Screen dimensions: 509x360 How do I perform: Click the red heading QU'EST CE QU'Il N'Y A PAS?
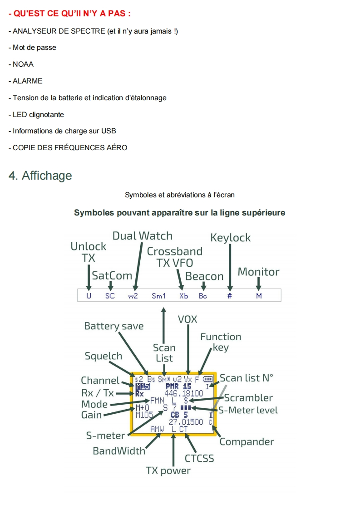point(69,14)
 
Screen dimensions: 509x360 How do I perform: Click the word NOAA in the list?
point(23,64)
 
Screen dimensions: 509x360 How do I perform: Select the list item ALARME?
point(27,81)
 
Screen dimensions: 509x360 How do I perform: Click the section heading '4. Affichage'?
point(40,176)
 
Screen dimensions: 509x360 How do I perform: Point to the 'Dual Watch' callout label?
point(143,236)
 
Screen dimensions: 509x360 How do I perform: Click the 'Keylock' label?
point(230,238)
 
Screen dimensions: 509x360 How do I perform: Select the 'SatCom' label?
point(112,275)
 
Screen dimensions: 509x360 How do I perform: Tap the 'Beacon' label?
point(204,276)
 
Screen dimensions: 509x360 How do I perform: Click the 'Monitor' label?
point(258,272)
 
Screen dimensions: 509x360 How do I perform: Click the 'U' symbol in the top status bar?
point(89,296)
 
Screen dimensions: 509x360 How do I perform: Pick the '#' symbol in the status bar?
point(230,296)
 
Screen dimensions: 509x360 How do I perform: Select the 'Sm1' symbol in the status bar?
point(159,296)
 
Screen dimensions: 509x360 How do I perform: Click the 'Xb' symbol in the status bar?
point(183,296)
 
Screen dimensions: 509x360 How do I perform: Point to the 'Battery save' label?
point(113,326)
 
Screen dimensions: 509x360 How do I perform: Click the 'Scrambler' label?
point(248,398)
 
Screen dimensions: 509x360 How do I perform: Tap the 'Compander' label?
point(247,441)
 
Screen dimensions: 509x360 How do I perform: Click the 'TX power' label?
point(168,470)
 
